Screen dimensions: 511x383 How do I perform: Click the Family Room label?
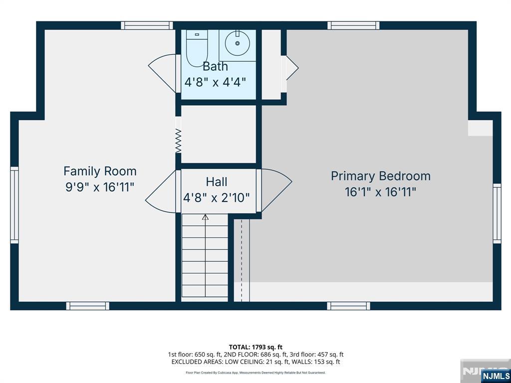pos(100,171)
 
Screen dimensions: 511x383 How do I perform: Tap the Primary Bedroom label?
pos(381,176)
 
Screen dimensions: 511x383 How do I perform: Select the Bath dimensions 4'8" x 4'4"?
pos(215,82)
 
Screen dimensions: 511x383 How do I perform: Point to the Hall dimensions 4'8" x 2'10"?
pos(216,197)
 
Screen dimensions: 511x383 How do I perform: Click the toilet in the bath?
pos(197,48)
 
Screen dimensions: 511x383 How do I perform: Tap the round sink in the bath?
pos(238,43)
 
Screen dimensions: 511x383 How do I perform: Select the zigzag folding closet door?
pos(178,140)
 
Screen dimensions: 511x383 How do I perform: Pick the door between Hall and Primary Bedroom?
pos(274,190)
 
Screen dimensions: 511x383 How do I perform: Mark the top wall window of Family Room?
pos(147,25)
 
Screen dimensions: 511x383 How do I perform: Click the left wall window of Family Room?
pos(14,205)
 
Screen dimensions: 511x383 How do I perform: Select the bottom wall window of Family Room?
pos(88,306)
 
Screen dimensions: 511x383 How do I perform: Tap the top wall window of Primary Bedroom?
pos(354,25)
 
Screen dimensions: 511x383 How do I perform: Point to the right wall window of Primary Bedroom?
pos(497,213)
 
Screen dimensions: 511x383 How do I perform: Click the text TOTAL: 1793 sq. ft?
pos(255,347)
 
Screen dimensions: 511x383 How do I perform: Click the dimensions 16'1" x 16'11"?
pos(381,192)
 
